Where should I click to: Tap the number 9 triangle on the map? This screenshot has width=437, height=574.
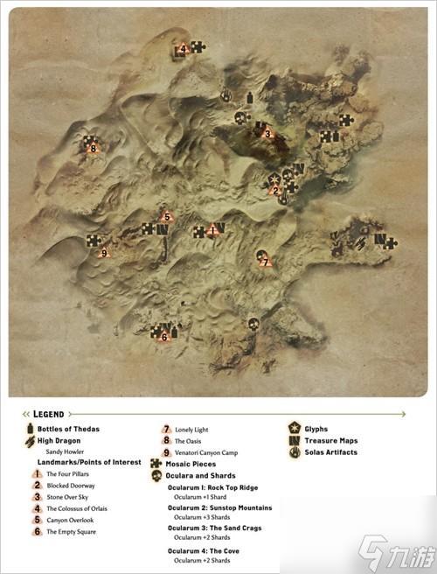(x=104, y=253)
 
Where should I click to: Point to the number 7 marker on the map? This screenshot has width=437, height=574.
(x=264, y=259)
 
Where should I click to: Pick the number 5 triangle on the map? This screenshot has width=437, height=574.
(x=166, y=216)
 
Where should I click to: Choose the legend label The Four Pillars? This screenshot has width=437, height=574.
(x=69, y=473)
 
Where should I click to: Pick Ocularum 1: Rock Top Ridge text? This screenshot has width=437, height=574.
(x=215, y=486)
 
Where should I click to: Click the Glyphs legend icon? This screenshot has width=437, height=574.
(x=295, y=429)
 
